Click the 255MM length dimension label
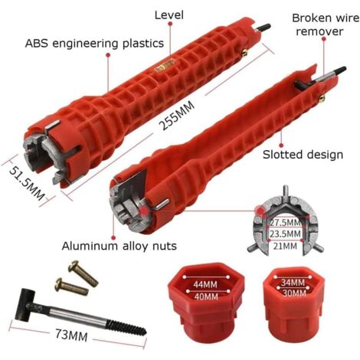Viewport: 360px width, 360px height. (177, 115)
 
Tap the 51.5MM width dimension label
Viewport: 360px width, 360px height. (27, 182)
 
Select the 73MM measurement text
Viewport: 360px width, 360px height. (71, 335)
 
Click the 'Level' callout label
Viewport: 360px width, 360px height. (169, 15)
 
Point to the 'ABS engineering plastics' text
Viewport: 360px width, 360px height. (94, 44)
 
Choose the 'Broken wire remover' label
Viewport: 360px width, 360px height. (326, 25)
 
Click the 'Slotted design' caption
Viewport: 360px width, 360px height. (303, 155)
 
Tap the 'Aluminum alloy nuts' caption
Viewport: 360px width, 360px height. (119, 246)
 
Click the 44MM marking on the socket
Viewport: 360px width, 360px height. (205, 284)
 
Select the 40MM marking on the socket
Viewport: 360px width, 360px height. (206, 296)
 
